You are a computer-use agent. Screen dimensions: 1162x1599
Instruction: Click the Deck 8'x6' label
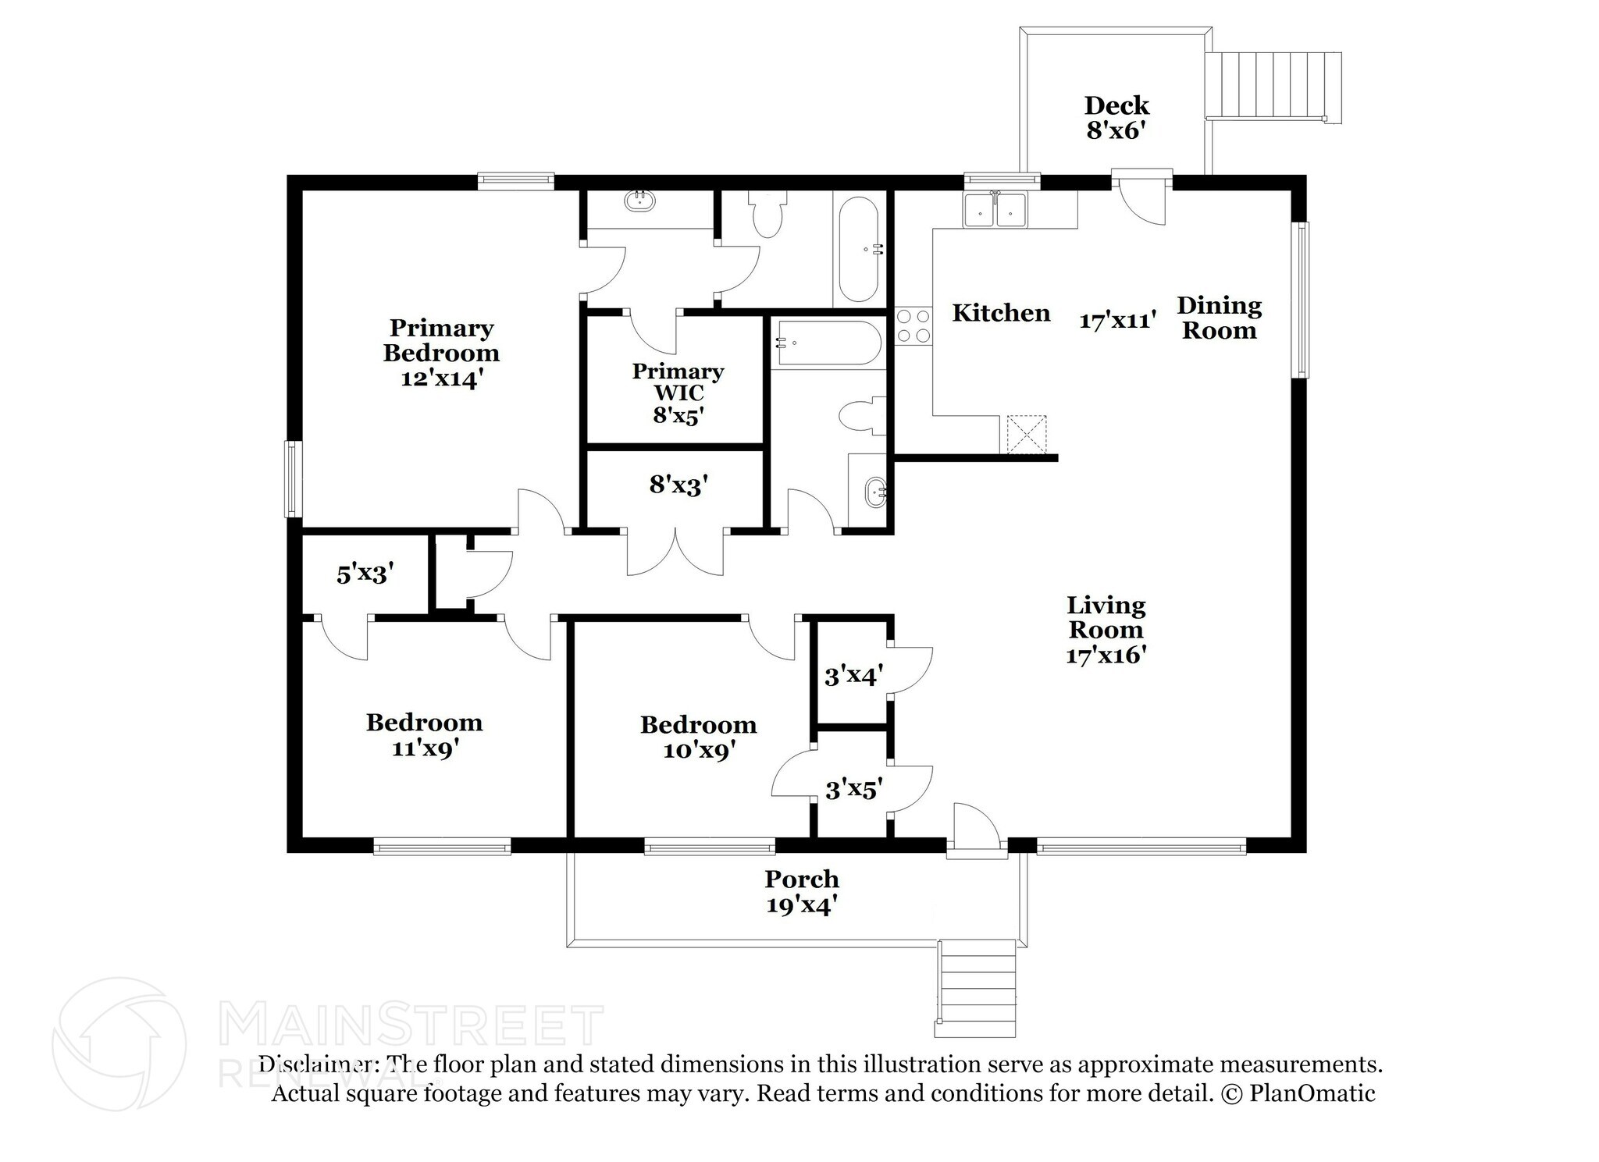[x=1116, y=117]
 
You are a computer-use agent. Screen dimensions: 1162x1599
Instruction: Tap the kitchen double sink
[x=995, y=210]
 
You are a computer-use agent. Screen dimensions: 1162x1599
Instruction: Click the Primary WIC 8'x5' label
[x=678, y=393]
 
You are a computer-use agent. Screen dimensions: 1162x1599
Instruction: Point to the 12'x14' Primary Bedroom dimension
[x=442, y=379]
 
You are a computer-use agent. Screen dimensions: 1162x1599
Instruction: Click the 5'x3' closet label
[x=364, y=575]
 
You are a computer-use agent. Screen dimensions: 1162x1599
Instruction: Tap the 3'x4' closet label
[x=853, y=675]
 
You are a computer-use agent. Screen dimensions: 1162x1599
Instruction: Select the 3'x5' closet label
[x=853, y=791]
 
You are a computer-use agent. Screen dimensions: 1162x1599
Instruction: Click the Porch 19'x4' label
[x=801, y=892]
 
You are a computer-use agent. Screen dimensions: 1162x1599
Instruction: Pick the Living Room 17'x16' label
[x=1106, y=629]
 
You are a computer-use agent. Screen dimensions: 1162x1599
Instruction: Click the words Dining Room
[x=1219, y=318]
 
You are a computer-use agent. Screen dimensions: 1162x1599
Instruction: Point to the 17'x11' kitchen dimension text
[x=1117, y=320]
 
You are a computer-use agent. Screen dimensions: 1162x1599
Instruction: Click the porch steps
[x=976, y=988]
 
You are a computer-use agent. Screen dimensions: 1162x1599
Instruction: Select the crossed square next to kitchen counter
[x=1025, y=434]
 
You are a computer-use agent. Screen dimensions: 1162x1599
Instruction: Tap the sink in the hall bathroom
[x=875, y=492]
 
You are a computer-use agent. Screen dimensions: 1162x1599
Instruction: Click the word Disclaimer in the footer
[x=314, y=1064]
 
